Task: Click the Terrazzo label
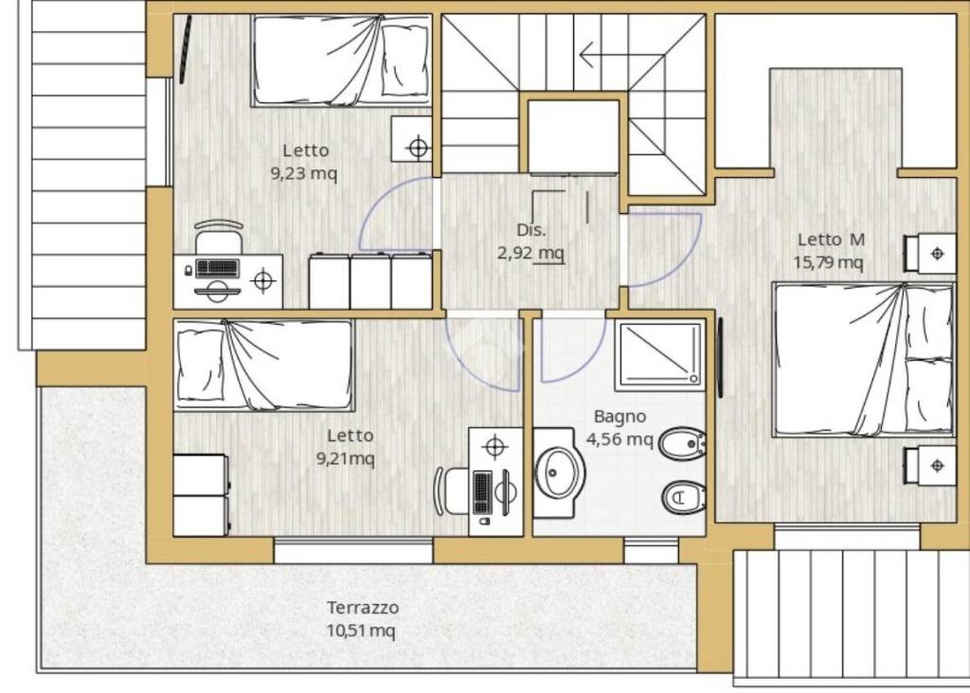pyautogui.click(x=363, y=608)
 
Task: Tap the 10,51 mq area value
pyautogui.click(x=361, y=631)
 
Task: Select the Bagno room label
pyautogui.click(x=620, y=417)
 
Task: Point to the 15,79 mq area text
pyautogui.click(x=828, y=262)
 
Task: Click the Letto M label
pyautogui.click(x=831, y=240)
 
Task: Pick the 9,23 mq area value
pyautogui.click(x=304, y=173)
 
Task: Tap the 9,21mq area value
pyautogui.click(x=345, y=459)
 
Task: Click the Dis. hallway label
pyautogui.click(x=531, y=230)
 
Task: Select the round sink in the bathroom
pyautogui.click(x=559, y=473)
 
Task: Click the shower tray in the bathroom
pyautogui.click(x=660, y=355)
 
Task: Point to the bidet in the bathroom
pyautogui.click(x=682, y=443)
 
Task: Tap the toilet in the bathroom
pyautogui.click(x=684, y=496)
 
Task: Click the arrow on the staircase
pyautogui.click(x=621, y=54)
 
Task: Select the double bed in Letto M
pyautogui.click(x=863, y=360)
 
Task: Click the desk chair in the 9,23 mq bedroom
pyautogui.click(x=219, y=236)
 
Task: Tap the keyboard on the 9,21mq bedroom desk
pyautogui.click(x=482, y=492)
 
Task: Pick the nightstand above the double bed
pyautogui.click(x=930, y=253)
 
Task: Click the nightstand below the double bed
pyautogui.click(x=930, y=466)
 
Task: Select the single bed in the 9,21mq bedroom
pyautogui.click(x=264, y=365)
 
